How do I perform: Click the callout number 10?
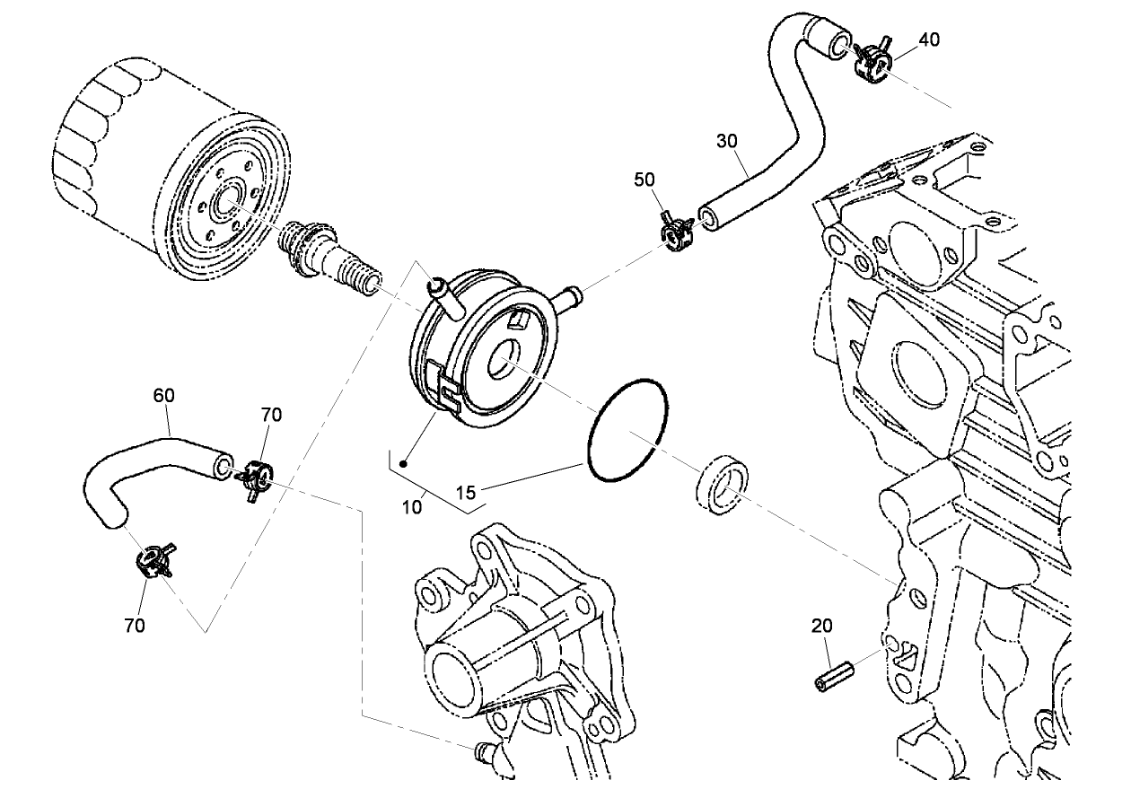412,507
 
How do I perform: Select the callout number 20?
823,625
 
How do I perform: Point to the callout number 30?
727,140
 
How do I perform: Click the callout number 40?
929,39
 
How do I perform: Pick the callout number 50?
644,180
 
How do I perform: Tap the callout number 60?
164,395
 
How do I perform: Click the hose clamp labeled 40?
872,62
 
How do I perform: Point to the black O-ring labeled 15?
627,431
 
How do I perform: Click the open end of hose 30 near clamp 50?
709,217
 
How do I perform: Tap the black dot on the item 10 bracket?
404,464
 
